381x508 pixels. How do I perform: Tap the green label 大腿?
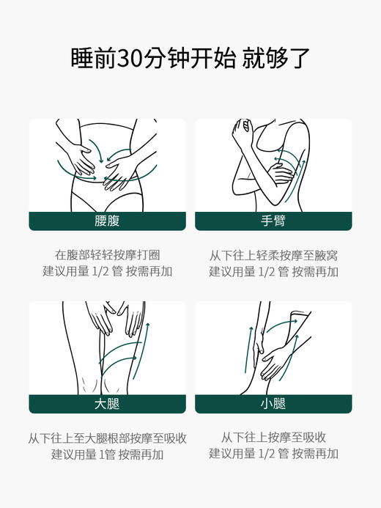point(107,404)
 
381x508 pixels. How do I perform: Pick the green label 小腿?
point(273,404)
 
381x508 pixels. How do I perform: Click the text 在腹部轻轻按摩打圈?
point(107,255)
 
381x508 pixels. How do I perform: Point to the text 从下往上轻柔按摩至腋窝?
point(273,255)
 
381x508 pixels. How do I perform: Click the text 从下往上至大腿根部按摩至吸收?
point(107,438)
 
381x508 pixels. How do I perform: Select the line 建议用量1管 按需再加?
point(107,454)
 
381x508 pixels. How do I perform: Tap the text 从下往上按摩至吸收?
point(273,438)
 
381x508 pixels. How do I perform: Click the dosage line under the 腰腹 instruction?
point(107,272)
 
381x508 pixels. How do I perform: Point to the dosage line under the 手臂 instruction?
point(273,272)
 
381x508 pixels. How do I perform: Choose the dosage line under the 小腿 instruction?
point(273,454)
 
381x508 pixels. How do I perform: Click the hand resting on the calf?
point(276,359)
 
